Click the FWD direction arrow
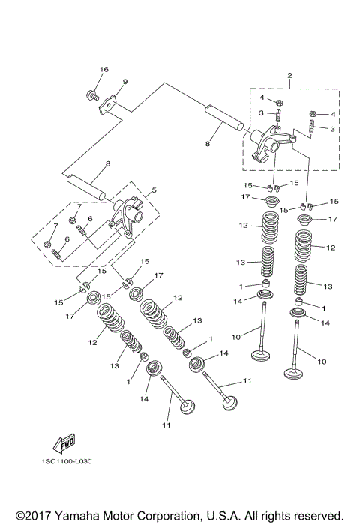(x=64, y=444)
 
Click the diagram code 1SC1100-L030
(x=67, y=461)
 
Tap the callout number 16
(x=104, y=69)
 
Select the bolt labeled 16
(x=92, y=95)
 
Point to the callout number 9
(x=125, y=82)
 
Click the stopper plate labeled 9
(x=108, y=106)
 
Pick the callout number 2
(x=289, y=75)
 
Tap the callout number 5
(x=154, y=190)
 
